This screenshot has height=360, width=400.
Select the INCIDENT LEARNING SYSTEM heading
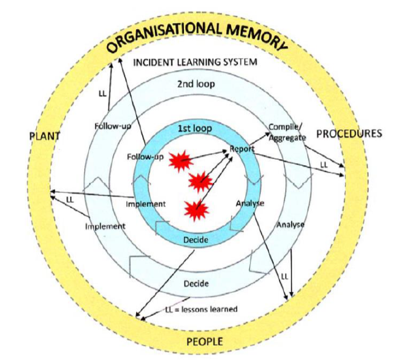[195, 62]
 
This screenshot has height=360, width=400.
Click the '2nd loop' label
[196, 84]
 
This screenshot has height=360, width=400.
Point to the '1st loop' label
[195, 128]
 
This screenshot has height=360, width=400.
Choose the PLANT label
[45, 136]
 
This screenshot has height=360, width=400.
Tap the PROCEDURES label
[349, 134]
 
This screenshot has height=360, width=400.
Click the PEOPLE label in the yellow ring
[205, 341]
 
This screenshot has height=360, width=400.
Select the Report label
[242, 148]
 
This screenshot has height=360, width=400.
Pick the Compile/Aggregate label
[287, 132]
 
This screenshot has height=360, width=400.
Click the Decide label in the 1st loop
[195, 240]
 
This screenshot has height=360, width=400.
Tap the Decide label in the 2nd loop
[196, 283]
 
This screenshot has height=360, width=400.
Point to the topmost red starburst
[180, 161]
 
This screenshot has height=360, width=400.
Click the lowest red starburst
[197, 210]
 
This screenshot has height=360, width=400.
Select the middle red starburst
[200, 182]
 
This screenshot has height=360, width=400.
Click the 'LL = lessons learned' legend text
[202, 309]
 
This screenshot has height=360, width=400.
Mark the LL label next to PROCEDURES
[324, 165]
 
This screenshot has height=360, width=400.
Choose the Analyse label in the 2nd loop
[290, 224]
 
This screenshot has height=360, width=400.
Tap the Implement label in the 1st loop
[146, 204]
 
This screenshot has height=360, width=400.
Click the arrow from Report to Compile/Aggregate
[259, 139]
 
